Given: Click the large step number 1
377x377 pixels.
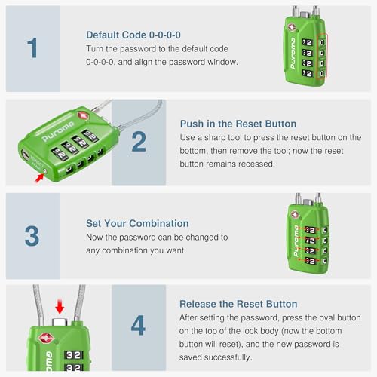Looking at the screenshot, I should coord(32,48).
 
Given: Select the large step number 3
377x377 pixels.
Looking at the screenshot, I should coord(32,234).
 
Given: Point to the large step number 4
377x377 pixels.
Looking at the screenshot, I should coord(138,326).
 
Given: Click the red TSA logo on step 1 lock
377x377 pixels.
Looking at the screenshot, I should coord(293,27).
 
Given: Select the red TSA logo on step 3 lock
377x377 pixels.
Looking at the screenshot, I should coord(293,214).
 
